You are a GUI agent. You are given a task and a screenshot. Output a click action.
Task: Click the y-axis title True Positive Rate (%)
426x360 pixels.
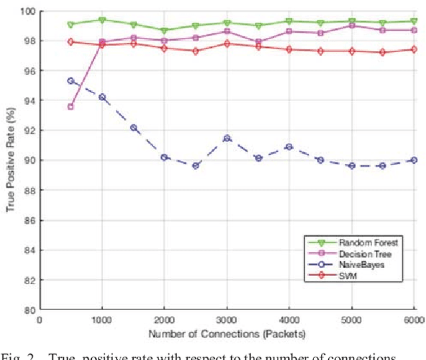point(10,160)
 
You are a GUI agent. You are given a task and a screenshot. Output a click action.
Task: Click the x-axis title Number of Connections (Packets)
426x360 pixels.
point(227,333)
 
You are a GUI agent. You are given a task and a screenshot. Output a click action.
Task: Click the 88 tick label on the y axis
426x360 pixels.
point(29,190)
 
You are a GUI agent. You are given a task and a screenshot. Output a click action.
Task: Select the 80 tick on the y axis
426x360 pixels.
point(29,310)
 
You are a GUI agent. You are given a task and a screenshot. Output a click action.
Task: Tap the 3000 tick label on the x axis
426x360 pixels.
point(227,320)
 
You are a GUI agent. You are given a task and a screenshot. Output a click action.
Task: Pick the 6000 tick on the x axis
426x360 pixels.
point(413,320)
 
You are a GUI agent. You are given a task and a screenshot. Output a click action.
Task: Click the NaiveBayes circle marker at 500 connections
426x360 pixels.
point(70,81)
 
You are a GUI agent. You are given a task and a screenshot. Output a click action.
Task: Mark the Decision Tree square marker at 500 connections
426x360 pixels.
point(70,106)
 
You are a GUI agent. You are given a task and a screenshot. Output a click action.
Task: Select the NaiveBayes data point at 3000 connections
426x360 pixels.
point(227,138)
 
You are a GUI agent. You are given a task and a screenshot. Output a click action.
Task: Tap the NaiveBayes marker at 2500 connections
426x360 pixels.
point(196,166)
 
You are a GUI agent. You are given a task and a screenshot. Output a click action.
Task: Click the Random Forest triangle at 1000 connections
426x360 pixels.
point(102,20)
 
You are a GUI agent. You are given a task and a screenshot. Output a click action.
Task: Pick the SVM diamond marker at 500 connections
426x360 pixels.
point(70,42)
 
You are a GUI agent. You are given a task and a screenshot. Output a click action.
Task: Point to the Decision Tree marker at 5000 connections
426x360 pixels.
point(352,25)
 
